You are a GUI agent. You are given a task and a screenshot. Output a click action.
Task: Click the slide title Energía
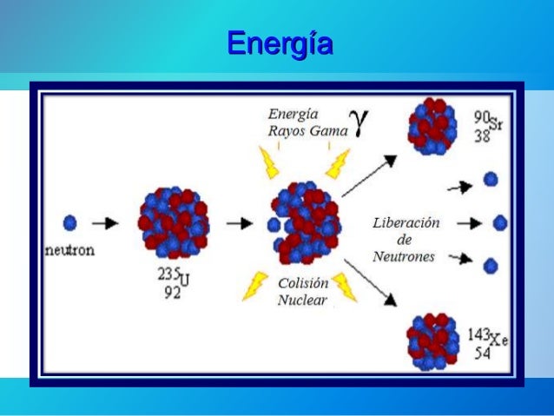[280, 43]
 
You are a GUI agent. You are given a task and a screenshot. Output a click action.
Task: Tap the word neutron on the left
[69, 250]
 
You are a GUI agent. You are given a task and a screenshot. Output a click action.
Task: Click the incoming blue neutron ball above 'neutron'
[70, 223]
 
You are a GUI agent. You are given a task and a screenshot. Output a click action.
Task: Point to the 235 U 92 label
[173, 283]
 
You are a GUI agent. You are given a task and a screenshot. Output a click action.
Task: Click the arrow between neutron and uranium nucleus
[105, 223]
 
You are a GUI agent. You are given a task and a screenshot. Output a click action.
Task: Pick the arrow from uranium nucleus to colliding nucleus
[240, 223]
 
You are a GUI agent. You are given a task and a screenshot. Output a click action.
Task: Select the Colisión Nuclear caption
[303, 292]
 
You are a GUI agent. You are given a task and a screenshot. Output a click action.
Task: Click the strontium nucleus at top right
[432, 127]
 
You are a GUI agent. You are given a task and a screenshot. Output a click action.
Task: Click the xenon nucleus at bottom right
[432, 341]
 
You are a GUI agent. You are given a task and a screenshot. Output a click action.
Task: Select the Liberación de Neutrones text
[406, 240]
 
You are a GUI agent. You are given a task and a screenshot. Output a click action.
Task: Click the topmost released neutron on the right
[491, 180]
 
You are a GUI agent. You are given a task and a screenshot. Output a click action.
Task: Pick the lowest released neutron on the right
[491, 265]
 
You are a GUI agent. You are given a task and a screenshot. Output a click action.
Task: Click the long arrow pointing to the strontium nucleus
[368, 176]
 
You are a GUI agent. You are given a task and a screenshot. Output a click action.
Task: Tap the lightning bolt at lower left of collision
[257, 285]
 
